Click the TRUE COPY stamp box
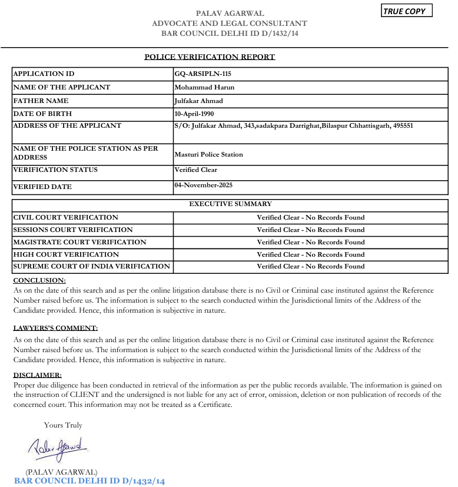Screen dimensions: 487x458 point(406,11)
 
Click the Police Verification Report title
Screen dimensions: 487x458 point(210,57)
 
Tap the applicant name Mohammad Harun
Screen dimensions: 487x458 point(204,87)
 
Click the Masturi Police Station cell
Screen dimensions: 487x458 point(208,154)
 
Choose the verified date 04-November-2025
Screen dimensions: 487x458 point(204,185)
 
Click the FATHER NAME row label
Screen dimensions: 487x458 point(41,101)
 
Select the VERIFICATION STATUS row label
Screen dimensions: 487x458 point(55,170)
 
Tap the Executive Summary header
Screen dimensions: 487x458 point(230,204)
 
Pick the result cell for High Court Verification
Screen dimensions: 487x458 point(310,254)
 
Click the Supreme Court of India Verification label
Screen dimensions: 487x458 point(91,266)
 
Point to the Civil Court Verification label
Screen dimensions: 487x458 point(65,217)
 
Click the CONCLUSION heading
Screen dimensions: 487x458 point(39,280)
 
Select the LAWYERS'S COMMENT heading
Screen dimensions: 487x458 point(55,328)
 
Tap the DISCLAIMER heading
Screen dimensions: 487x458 point(37,375)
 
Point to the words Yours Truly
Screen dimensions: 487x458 point(63,425)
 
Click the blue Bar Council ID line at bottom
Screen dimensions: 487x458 point(89,481)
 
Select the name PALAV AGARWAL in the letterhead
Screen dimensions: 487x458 point(230,14)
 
